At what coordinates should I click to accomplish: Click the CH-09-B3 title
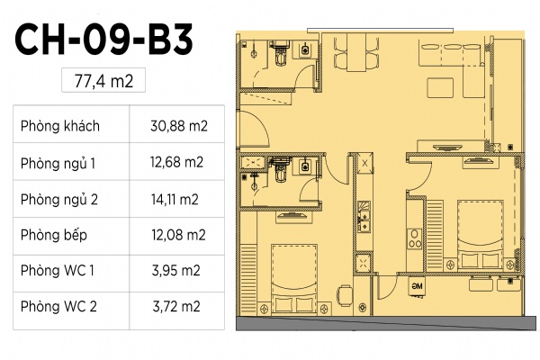(x=103, y=39)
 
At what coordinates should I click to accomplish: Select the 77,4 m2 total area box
(x=103, y=80)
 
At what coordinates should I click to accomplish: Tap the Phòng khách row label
(x=60, y=126)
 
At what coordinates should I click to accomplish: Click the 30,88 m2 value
(x=179, y=126)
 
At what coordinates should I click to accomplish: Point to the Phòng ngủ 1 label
(x=58, y=163)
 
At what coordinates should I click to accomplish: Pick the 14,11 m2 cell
(x=175, y=200)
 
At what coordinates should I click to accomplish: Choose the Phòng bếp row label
(x=54, y=235)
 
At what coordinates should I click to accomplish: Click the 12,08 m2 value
(x=178, y=235)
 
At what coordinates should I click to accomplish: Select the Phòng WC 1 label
(x=58, y=271)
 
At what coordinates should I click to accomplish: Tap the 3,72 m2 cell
(x=176, y=306)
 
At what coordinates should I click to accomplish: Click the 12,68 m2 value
(x=176, y=162)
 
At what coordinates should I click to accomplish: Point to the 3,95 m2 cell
(x=176, y=271)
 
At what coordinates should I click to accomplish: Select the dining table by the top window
(x=356, y=52)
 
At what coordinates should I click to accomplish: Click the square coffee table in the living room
(x=440, y=88)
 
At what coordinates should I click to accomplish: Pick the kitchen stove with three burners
(x=414, y=238)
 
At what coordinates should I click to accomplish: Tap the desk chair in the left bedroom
(x=345, y=295)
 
